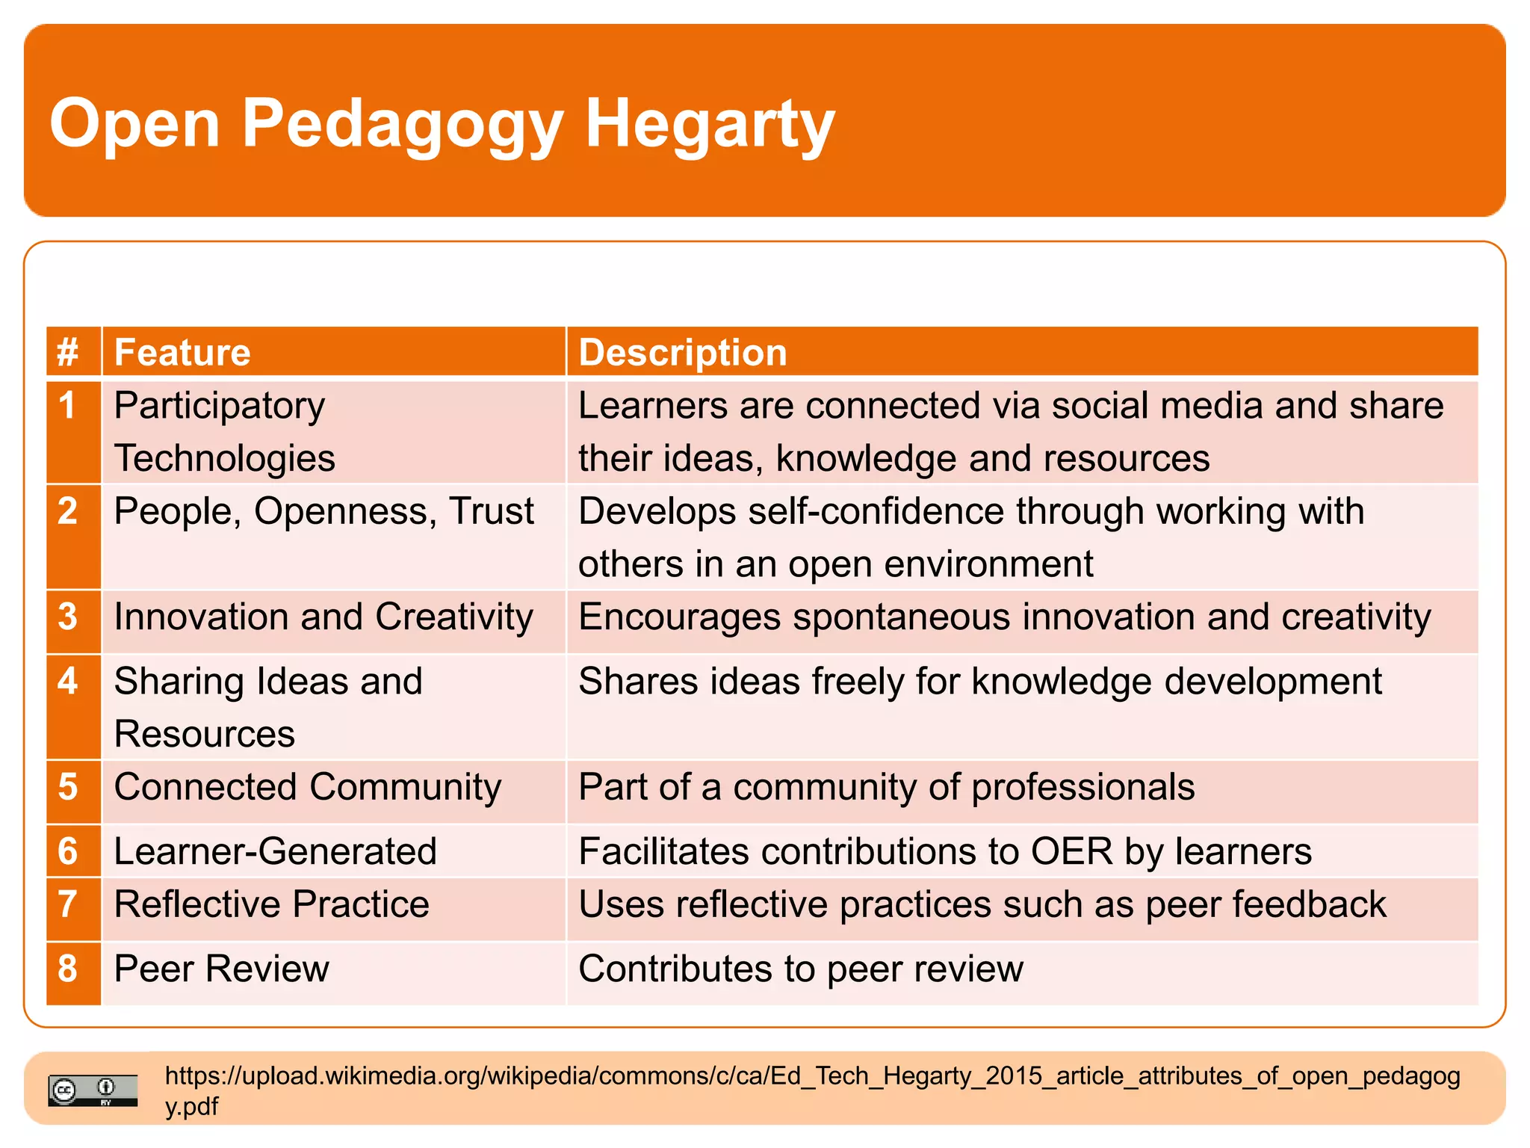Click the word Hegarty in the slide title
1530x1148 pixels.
tap(709, 123)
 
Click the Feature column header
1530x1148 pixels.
tap(182, 352)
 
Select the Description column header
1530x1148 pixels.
tap(682, 352)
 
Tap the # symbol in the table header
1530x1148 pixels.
tap(67, 352)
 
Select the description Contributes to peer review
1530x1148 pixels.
tap(800, 969)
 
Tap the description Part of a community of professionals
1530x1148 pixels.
tap(886, 787)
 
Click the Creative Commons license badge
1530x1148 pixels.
tap(93, 1090)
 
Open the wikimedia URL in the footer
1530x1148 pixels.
tap(812, 1076)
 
